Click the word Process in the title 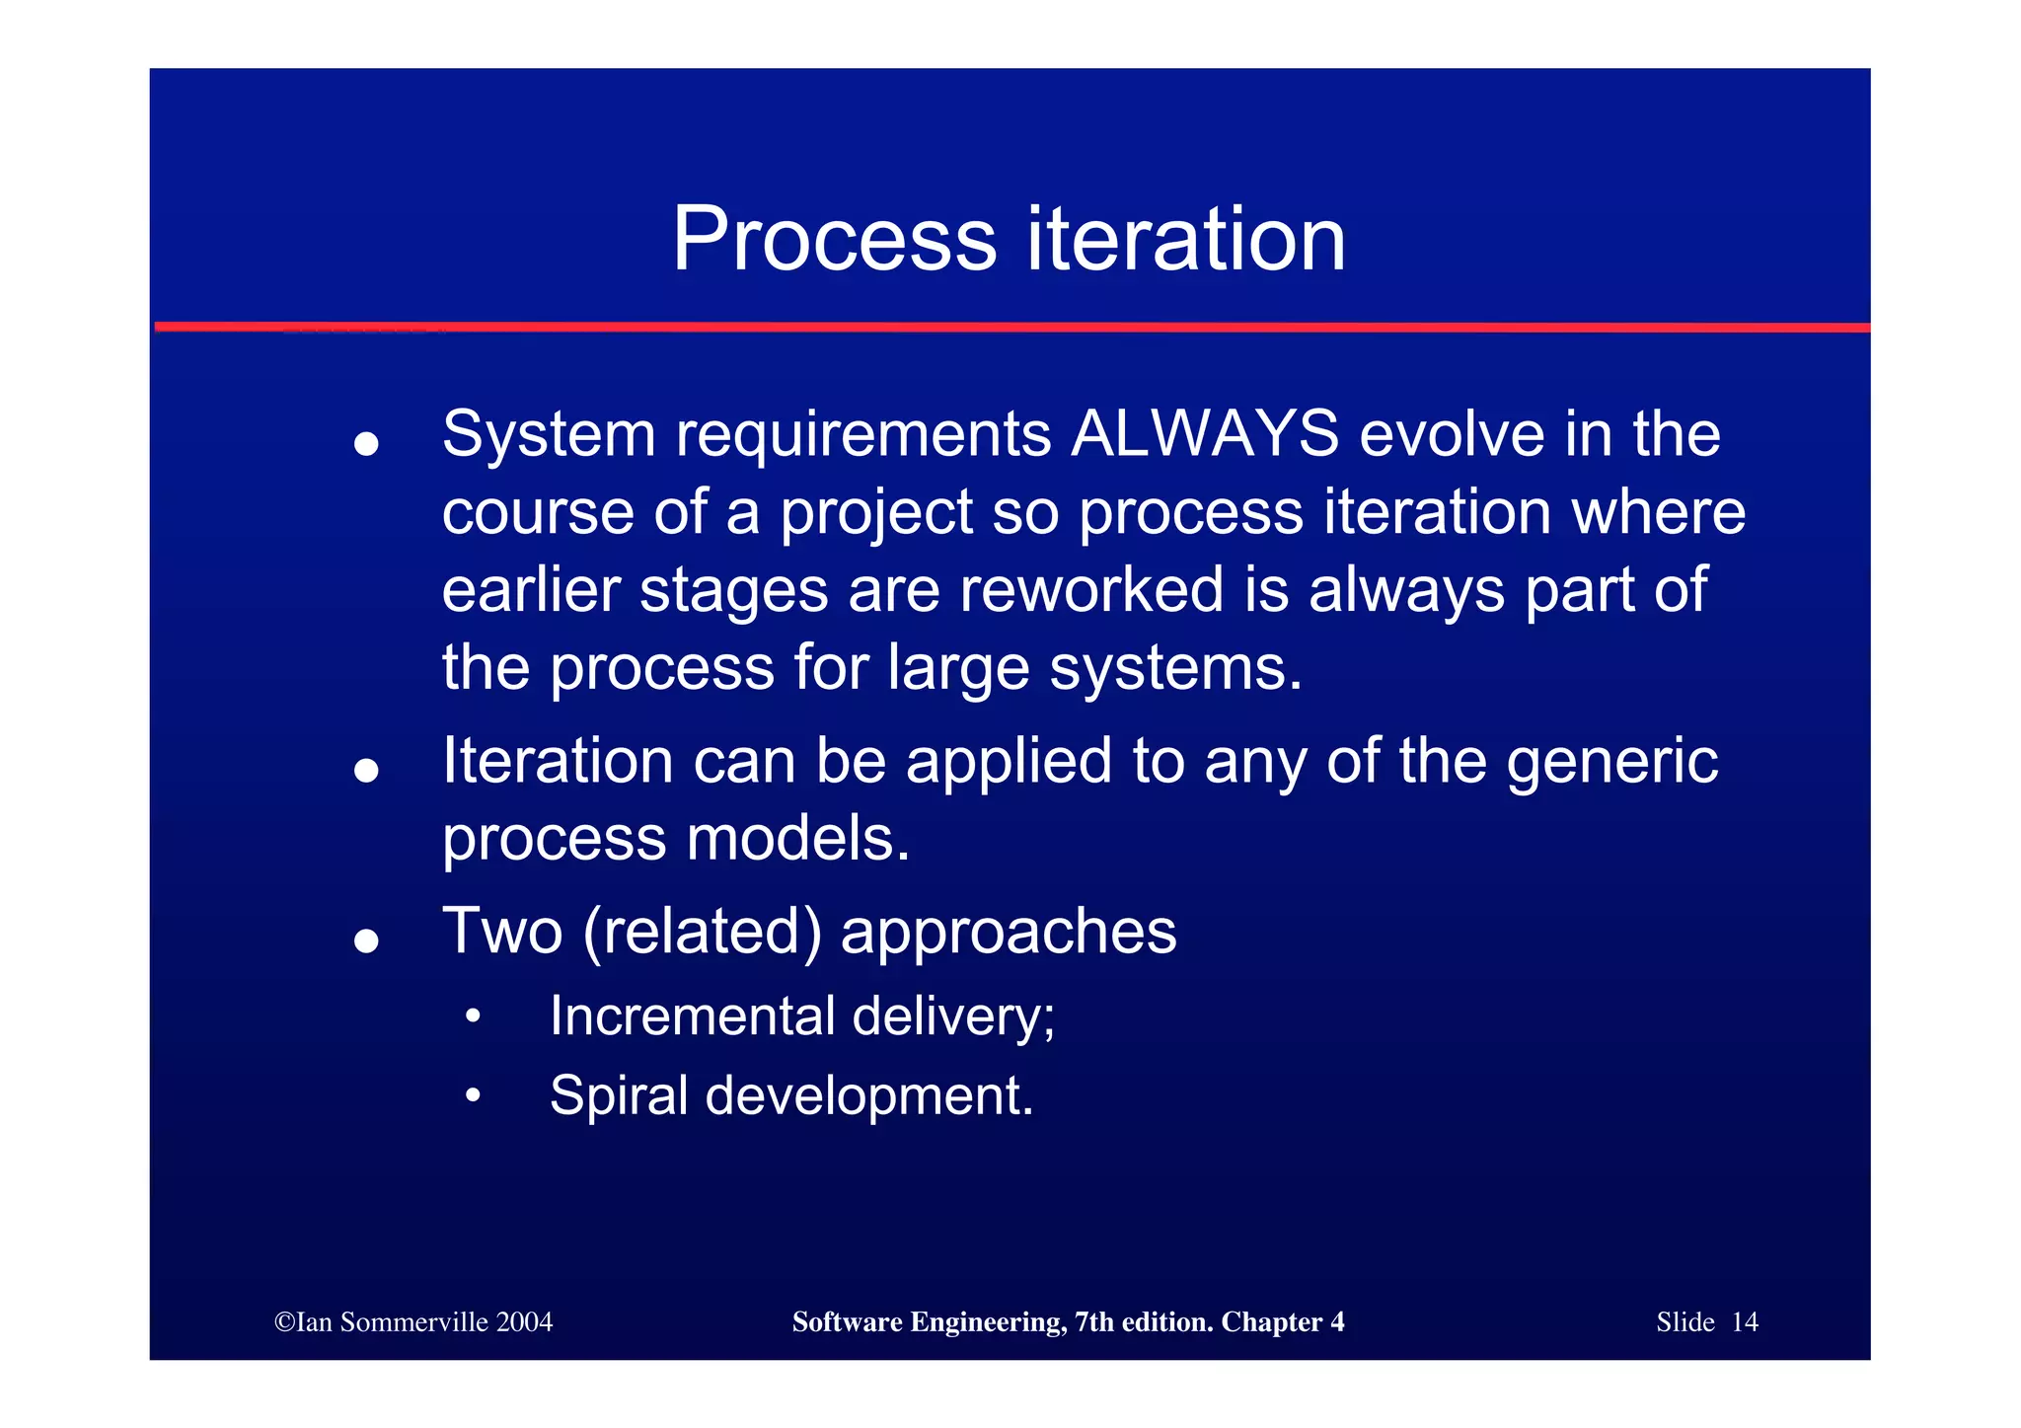(x=835, y=239)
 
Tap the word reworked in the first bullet (x=1091, y=589)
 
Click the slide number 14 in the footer (x=1745, y=1321)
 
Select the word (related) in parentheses (x=702, y=931)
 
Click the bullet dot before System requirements (x=366, y=444)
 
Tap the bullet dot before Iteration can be (x=366, y=770)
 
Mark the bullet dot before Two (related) (x=366, y=940)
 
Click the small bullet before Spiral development (x=474, y=1094)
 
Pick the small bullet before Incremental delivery (x=474, y=1015)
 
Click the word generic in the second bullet (x=1611, y=762)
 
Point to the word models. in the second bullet (x=798, y=839)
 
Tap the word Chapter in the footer (x=1271, y=1321)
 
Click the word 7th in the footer (x=1094, y=1321)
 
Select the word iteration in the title (x=1186, y=239)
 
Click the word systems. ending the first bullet (x=1175, y=668)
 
